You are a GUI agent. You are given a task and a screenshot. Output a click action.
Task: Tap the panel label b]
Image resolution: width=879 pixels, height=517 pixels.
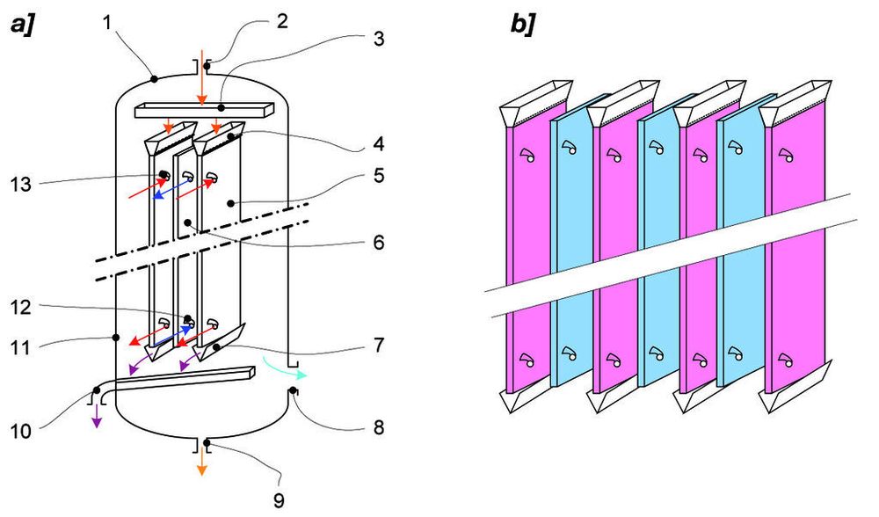click(x=524, y=25)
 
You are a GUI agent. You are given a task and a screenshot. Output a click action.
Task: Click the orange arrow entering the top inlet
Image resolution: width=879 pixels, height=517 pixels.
click(x=201, y=84)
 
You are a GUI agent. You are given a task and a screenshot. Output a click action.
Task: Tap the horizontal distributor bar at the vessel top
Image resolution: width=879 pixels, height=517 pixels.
click(x=204, y=111)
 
